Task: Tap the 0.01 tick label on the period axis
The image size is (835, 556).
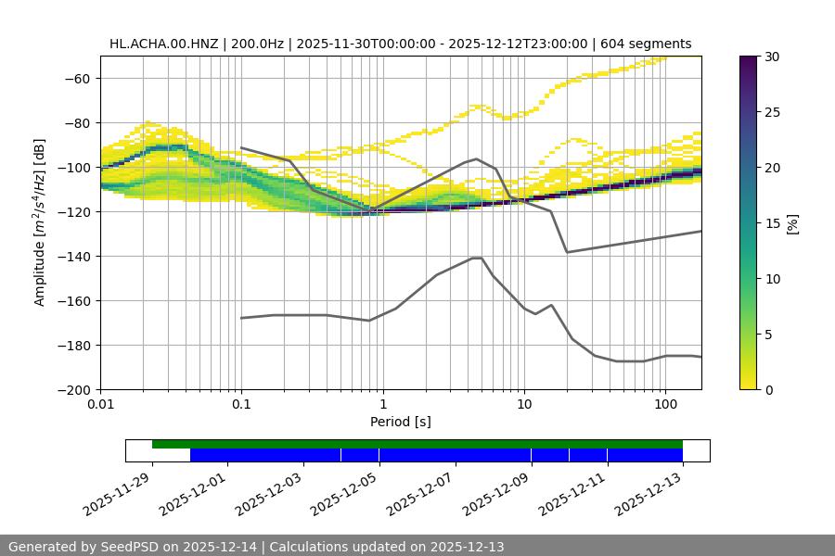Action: point(100,405)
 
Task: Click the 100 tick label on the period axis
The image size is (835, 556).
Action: point(665,405)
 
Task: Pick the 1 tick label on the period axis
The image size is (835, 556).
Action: point(382,405)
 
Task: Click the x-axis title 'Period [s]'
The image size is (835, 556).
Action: point(401,422)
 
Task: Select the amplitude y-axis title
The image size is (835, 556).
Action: point(40,222)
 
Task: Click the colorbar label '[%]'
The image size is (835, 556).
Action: point(791,223)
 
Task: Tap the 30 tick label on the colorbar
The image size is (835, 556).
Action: point(772,57)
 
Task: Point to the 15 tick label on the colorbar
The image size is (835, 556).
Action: point(772,223)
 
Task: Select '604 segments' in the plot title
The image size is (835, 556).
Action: point(647,44)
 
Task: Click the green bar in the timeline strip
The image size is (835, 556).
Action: point(417,444)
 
